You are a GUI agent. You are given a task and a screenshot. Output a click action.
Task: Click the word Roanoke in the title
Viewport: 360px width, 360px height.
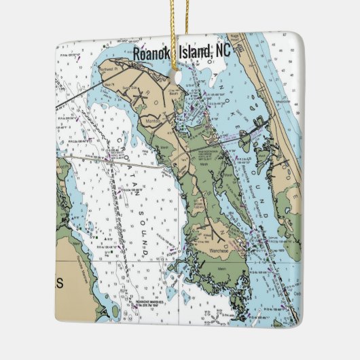[x=153, y=53]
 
